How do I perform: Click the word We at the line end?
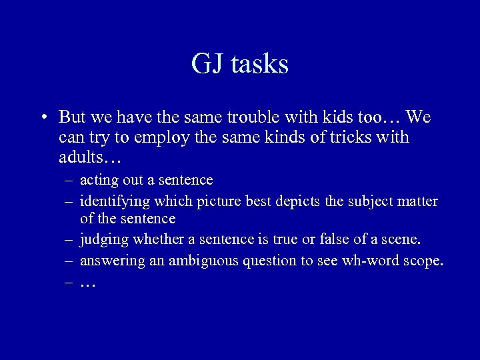(x=418, y=118)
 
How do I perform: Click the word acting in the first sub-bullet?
(x=98, y=180)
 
